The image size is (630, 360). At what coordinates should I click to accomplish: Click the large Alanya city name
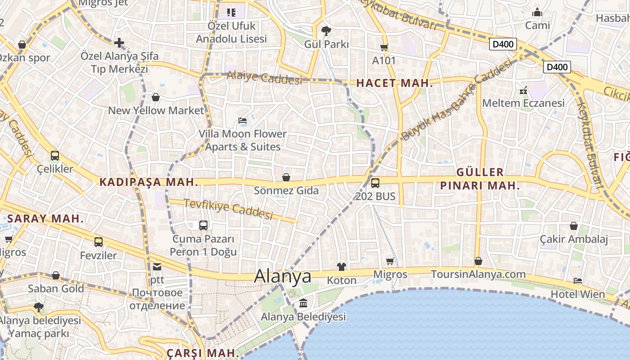point(283,276)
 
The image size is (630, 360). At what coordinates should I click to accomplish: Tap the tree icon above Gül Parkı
point(326,31)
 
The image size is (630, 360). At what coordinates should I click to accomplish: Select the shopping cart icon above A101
point(384,47)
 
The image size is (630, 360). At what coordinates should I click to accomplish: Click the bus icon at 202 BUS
point(375,183)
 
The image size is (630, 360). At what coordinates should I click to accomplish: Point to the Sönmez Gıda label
point(286,190)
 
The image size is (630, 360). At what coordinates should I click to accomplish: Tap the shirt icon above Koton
point(341,267)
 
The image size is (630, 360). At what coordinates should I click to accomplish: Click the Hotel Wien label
point(578,294)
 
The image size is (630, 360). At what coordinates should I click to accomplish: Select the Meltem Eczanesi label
point(523,103)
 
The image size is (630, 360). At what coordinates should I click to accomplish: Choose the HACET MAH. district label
point(394,83)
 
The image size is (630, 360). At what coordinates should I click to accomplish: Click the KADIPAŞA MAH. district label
point(148,182)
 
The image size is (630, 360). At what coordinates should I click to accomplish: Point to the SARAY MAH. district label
point(45,219)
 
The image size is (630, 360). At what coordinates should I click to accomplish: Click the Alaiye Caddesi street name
point(264,78)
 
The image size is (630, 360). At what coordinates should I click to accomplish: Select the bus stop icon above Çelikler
point(55,156)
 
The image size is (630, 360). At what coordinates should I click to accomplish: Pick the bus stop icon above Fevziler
point(99,242)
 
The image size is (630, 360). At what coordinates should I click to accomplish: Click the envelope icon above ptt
point(157,267)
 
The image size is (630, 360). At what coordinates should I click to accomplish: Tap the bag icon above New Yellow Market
point(156,97)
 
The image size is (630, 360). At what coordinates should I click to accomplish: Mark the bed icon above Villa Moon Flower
point(243,121)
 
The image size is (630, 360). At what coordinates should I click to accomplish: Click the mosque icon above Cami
point(537,12)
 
